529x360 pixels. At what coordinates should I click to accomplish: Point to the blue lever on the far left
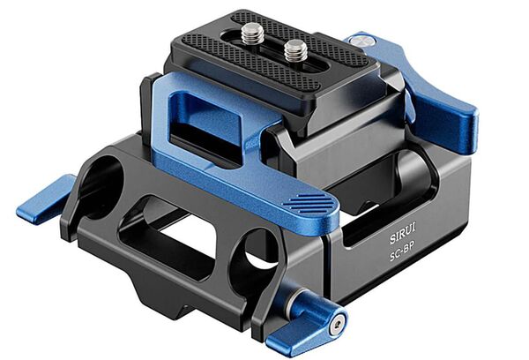tap(44, 199)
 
